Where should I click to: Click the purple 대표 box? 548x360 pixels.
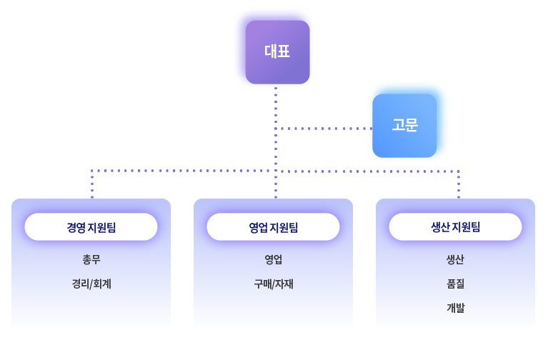[x=277, y=52]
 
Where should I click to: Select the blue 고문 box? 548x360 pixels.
[x=404, y=126]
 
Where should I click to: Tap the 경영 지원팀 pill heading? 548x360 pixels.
[x=91, y=227]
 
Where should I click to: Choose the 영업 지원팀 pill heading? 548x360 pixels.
[x=273, y=227]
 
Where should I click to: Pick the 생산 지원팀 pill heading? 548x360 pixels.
[x=455, y=227]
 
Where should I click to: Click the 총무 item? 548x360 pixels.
[x=91, y=259]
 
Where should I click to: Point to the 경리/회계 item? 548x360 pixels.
[x=91, y=284]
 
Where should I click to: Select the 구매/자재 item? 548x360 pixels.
[x=274, y=284]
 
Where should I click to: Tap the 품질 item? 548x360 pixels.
[x=455, y=284]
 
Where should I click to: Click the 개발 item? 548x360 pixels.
[x=455, y=308]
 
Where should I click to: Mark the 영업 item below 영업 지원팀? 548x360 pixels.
[x=274, y=259]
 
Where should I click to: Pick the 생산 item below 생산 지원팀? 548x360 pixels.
[x=455, y=259]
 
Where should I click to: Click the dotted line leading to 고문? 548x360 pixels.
[x=324, y=129]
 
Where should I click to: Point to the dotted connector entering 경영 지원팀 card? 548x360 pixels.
[x=92, y=184]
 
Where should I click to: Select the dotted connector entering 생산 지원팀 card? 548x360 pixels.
[x=459, y=184]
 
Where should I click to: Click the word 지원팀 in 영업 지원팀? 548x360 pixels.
[x=284, y=228]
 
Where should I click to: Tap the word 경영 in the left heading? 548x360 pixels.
[x=76, y=228]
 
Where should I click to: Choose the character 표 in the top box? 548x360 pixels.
[x=284, y=51]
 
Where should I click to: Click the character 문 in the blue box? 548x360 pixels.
[x=412, y=125]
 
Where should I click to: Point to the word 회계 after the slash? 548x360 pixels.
[x=102, y=284]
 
